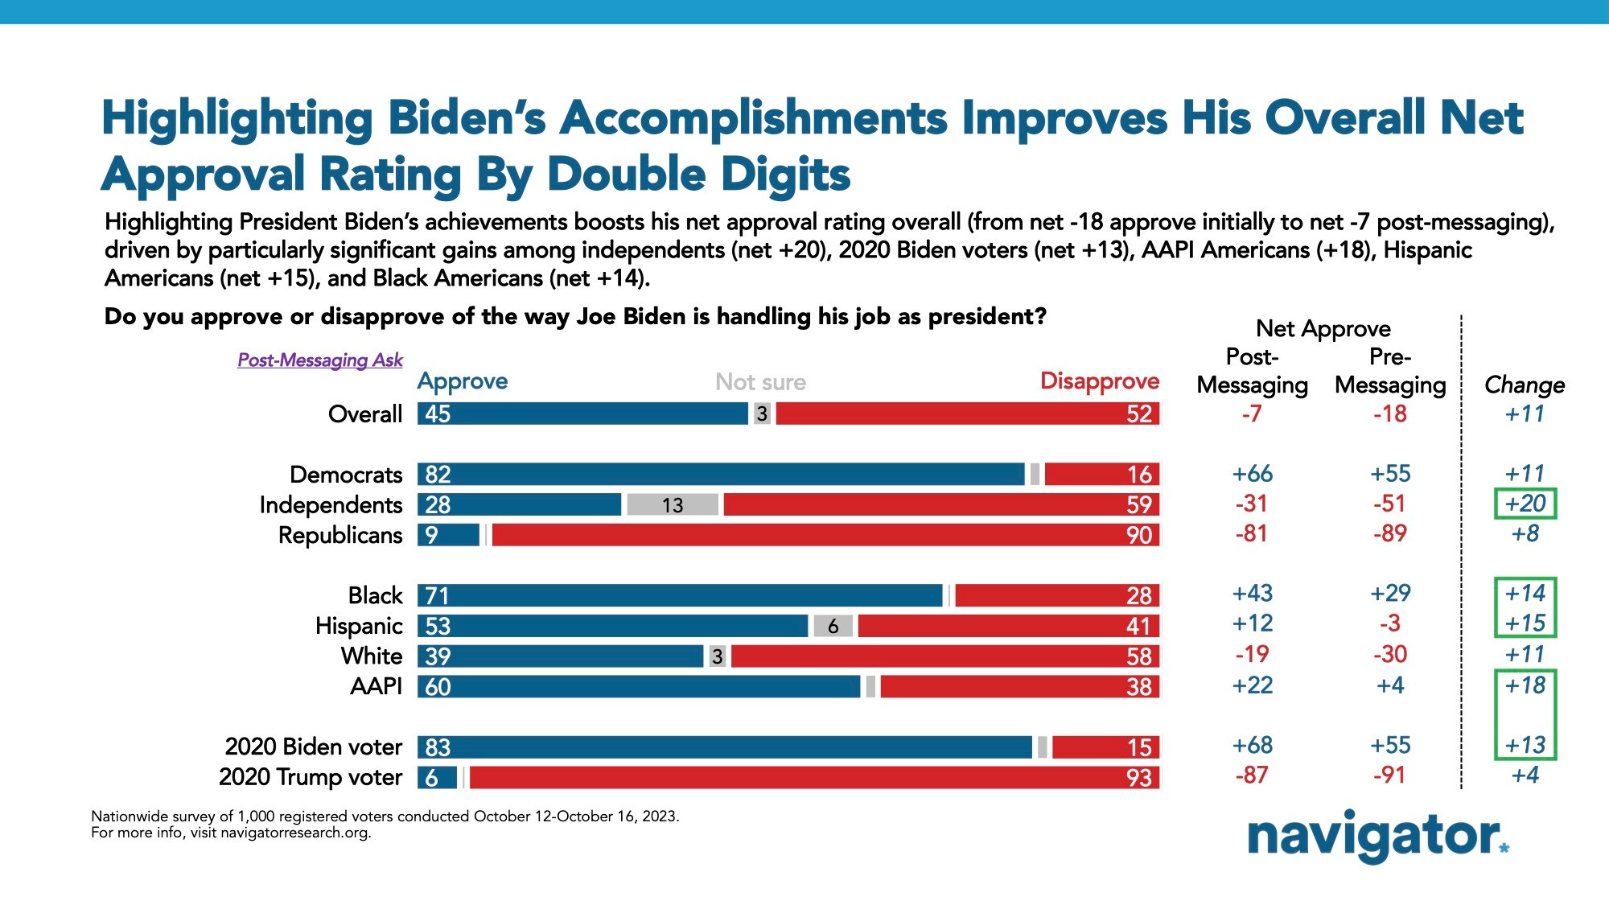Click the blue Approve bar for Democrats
pos(721,475)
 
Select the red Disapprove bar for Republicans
pos(825,535)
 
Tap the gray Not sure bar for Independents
pos(673,505)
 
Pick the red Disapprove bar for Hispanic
pos(1009,626)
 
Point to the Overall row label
pos(365,414)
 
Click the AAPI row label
pos(377,686)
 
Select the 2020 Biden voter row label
pos(314,747)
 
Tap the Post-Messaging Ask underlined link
pos(320,360)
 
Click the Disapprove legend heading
pos(1099,381)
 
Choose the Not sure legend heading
pos(760,382)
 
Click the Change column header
pos(1524,385)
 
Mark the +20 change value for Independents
pos(1525,504)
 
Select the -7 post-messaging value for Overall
pos(1252,414)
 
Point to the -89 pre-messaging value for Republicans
pos(1389,533)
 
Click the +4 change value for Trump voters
pos(1525,775)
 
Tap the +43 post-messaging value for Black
pos(1252,594)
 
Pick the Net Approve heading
pos(1323,329)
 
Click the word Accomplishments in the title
pos(754,118)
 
